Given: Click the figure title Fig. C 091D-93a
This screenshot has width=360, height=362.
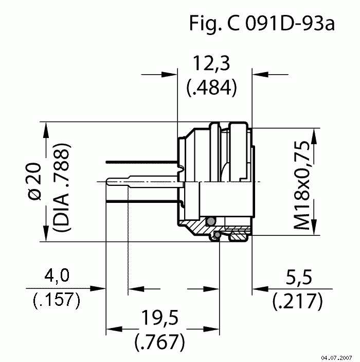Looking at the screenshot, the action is (262, 23).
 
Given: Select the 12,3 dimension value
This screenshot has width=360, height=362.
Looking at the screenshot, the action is (211, 63).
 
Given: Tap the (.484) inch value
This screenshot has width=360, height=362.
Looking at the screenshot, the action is (211, 88).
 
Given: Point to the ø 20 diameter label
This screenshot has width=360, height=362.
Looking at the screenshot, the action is (34, 181).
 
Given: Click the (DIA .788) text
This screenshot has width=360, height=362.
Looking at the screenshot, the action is (61, 187).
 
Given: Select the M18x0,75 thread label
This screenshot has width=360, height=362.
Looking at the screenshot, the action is (301, 185).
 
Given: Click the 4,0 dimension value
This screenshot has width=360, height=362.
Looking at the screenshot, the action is (57, 275).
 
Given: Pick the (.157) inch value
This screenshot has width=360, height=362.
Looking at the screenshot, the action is (57, 300).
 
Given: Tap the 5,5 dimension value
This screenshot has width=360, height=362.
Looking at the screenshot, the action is (299, 277).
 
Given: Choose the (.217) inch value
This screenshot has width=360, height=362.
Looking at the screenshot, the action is (297, 301).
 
